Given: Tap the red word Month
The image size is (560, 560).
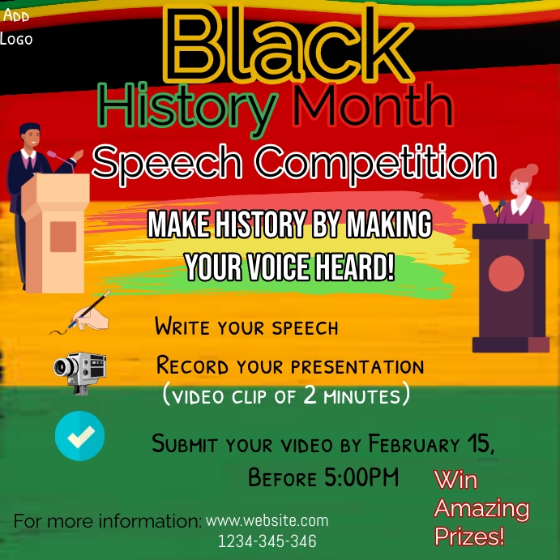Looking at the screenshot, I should pos(372,107).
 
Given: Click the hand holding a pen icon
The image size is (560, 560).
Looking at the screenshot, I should pos(81,314).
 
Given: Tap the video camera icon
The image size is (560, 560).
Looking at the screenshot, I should pos(80,371).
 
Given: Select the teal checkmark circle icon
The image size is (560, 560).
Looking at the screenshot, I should pos(79,436).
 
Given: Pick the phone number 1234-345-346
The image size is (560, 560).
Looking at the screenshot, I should pos(267,541).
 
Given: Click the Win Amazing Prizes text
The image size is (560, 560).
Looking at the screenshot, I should pos(481,508).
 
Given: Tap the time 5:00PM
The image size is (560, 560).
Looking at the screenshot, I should pos(361,477).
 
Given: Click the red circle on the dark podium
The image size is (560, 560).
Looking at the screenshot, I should pos(507,273).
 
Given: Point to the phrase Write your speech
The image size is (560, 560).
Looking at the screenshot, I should pos(246,327).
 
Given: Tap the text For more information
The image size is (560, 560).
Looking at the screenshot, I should pos(107,521).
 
